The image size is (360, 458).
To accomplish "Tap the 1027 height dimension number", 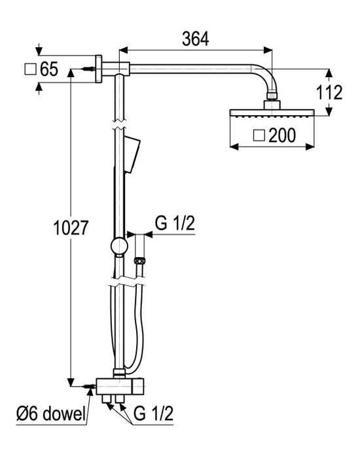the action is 71,228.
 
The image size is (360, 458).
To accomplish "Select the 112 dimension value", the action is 329,92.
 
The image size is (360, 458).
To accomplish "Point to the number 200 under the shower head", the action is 282,135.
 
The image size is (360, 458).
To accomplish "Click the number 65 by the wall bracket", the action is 49,69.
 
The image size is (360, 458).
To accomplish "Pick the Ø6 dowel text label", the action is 51,414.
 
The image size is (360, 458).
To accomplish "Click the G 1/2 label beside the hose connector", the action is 175,224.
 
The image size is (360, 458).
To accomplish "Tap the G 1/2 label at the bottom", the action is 153,414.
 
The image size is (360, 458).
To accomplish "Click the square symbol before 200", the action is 259,136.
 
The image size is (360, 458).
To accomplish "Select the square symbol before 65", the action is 30,69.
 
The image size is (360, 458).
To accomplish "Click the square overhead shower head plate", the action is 272,113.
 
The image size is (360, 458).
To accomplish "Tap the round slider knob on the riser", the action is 119,246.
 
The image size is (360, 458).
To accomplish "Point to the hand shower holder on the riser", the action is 132,154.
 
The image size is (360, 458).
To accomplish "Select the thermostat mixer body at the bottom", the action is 120,386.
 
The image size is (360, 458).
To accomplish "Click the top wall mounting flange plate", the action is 99,69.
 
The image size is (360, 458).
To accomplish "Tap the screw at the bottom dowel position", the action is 89,386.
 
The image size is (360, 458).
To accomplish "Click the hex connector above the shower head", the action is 272,96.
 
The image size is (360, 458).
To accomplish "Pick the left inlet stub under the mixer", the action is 107,398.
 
